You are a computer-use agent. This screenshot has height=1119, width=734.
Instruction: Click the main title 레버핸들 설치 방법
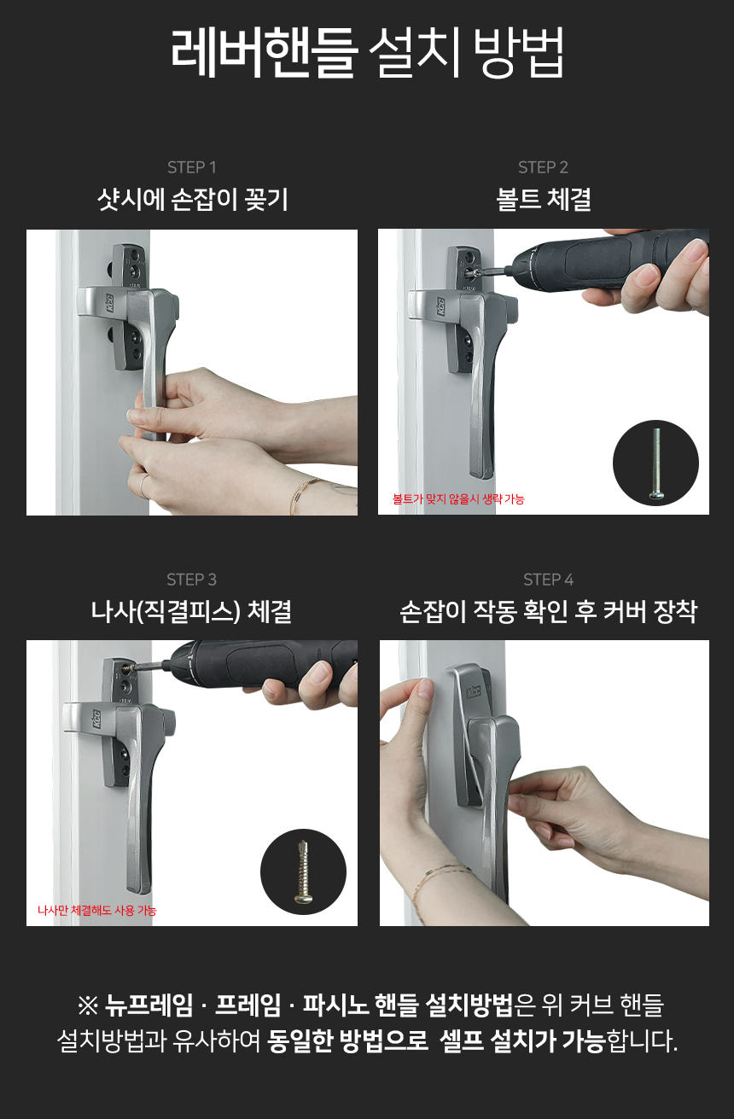coord(367,52)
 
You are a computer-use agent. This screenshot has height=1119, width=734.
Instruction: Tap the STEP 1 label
coord(192,167)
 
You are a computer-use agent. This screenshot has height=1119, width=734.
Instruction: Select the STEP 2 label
coord(543,167)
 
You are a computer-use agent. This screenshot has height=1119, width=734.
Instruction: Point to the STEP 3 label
coord(192,580)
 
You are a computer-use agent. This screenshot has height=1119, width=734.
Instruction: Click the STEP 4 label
coord(548,580)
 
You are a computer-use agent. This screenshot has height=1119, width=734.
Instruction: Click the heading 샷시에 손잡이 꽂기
coord(193,200)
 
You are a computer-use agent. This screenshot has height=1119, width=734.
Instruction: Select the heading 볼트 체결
coord(544,200)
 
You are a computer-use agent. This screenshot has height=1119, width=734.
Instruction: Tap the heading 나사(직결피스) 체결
coord(191,611)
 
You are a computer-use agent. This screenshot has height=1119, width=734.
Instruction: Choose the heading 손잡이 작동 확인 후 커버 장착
coord(548,611)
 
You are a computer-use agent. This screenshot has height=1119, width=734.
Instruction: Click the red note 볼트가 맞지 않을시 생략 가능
coord(458,498)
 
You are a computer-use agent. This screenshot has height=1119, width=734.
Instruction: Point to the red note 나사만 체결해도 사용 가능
coord(97,910)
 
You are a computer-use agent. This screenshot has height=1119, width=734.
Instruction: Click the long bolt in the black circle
coord(656,463)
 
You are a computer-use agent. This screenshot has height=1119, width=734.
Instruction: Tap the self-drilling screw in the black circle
coord(303,871)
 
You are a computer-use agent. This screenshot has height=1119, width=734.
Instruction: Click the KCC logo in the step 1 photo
coord(109,303)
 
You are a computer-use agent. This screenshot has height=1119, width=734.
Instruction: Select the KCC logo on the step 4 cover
coord(473,692)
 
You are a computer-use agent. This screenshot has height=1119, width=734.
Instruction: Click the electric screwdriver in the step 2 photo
coord(600,265)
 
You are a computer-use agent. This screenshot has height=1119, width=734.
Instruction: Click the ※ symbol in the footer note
coord(88,1005)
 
